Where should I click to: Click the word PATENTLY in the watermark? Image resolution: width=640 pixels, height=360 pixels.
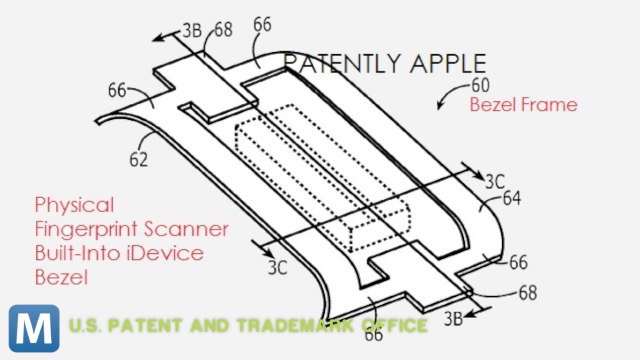336,64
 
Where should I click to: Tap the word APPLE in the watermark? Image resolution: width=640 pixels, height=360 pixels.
439,64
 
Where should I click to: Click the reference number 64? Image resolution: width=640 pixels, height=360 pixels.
511,199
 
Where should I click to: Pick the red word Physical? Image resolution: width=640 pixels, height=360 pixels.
73,204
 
